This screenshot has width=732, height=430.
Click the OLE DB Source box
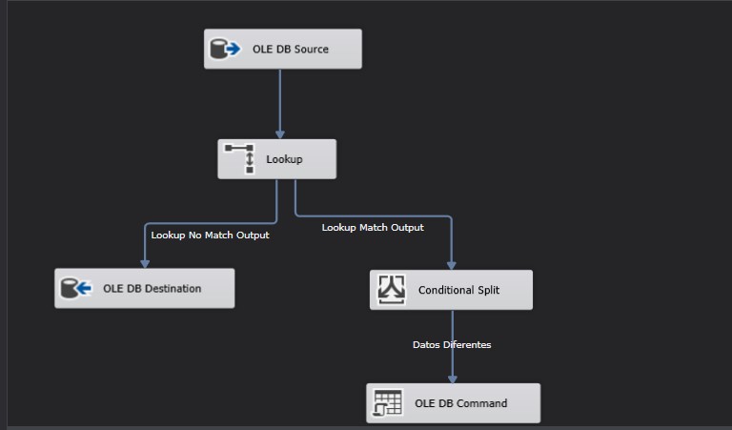point(282,49)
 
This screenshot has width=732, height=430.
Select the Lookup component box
point(276,159)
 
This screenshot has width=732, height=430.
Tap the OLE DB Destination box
point(144,288)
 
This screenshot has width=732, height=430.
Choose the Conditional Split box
point(451,290)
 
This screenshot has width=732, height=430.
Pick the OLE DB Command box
point(453,403)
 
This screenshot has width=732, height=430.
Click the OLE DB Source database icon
point(226,49)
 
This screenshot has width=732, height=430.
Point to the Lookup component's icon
point(240,158)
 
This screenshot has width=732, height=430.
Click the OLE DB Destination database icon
point(76,288)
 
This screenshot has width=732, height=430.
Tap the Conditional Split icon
point(392,289)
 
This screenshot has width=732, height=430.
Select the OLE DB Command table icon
point(388,403)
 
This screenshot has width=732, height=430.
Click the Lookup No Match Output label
point(210,235)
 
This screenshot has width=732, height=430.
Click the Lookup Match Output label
point(373,228)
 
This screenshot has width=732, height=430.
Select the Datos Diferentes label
point(452,345)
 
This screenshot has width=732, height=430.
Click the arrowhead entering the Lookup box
point(280,135)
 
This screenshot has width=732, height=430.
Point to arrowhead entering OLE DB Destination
point(145,265)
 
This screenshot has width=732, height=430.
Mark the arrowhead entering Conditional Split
point(452,266)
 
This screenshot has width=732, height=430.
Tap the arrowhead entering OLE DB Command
point(452,379)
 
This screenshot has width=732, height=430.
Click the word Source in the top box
point(311,49)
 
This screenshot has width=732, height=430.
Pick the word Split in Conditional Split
point(486,290)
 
